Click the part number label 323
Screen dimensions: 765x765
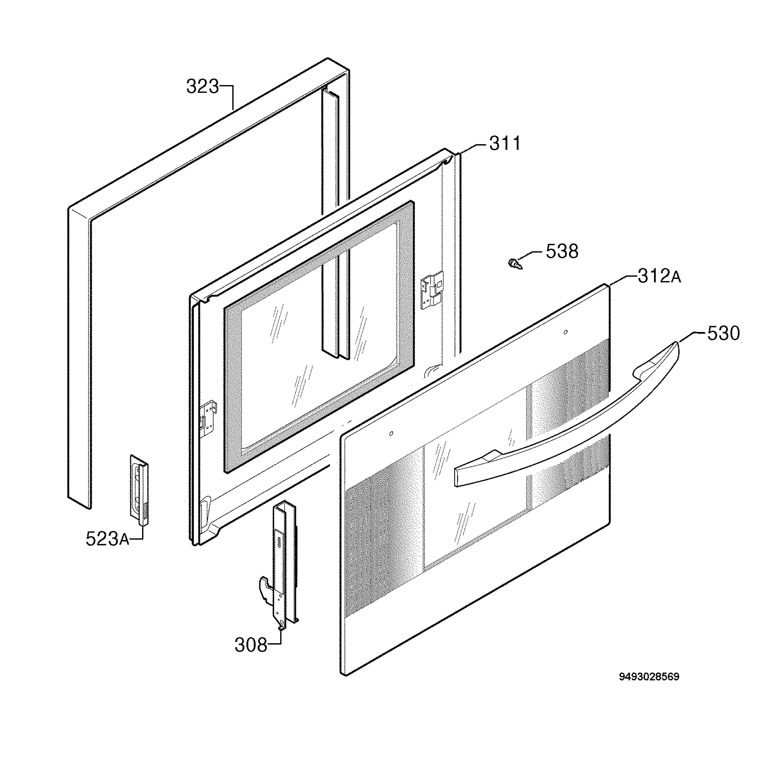coord(202,87)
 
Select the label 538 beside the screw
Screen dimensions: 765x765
coord(562,251)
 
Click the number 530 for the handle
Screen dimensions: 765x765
coord(724,333)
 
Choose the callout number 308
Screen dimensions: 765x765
coord(251,645)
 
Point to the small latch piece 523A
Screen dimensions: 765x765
coord(139,490)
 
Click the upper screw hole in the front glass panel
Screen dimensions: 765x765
coord(565,332)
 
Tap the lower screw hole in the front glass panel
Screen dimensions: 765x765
coord(391,433)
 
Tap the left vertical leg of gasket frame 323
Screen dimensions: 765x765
coord(79,356)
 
